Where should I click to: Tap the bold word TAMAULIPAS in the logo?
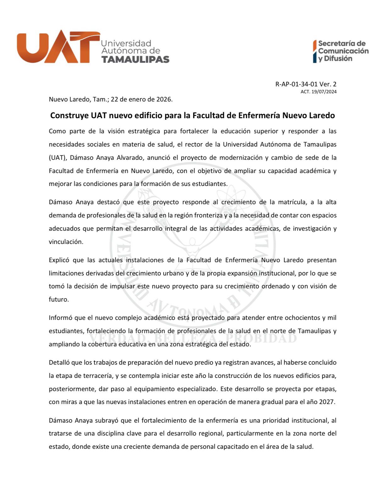135,59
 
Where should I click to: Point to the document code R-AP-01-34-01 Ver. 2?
306,84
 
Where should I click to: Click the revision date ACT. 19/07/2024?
318,92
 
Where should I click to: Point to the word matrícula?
288,202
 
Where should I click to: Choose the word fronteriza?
203,215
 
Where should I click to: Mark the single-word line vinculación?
66,242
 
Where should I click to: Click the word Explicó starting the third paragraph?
59,260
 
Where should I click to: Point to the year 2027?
327,402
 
